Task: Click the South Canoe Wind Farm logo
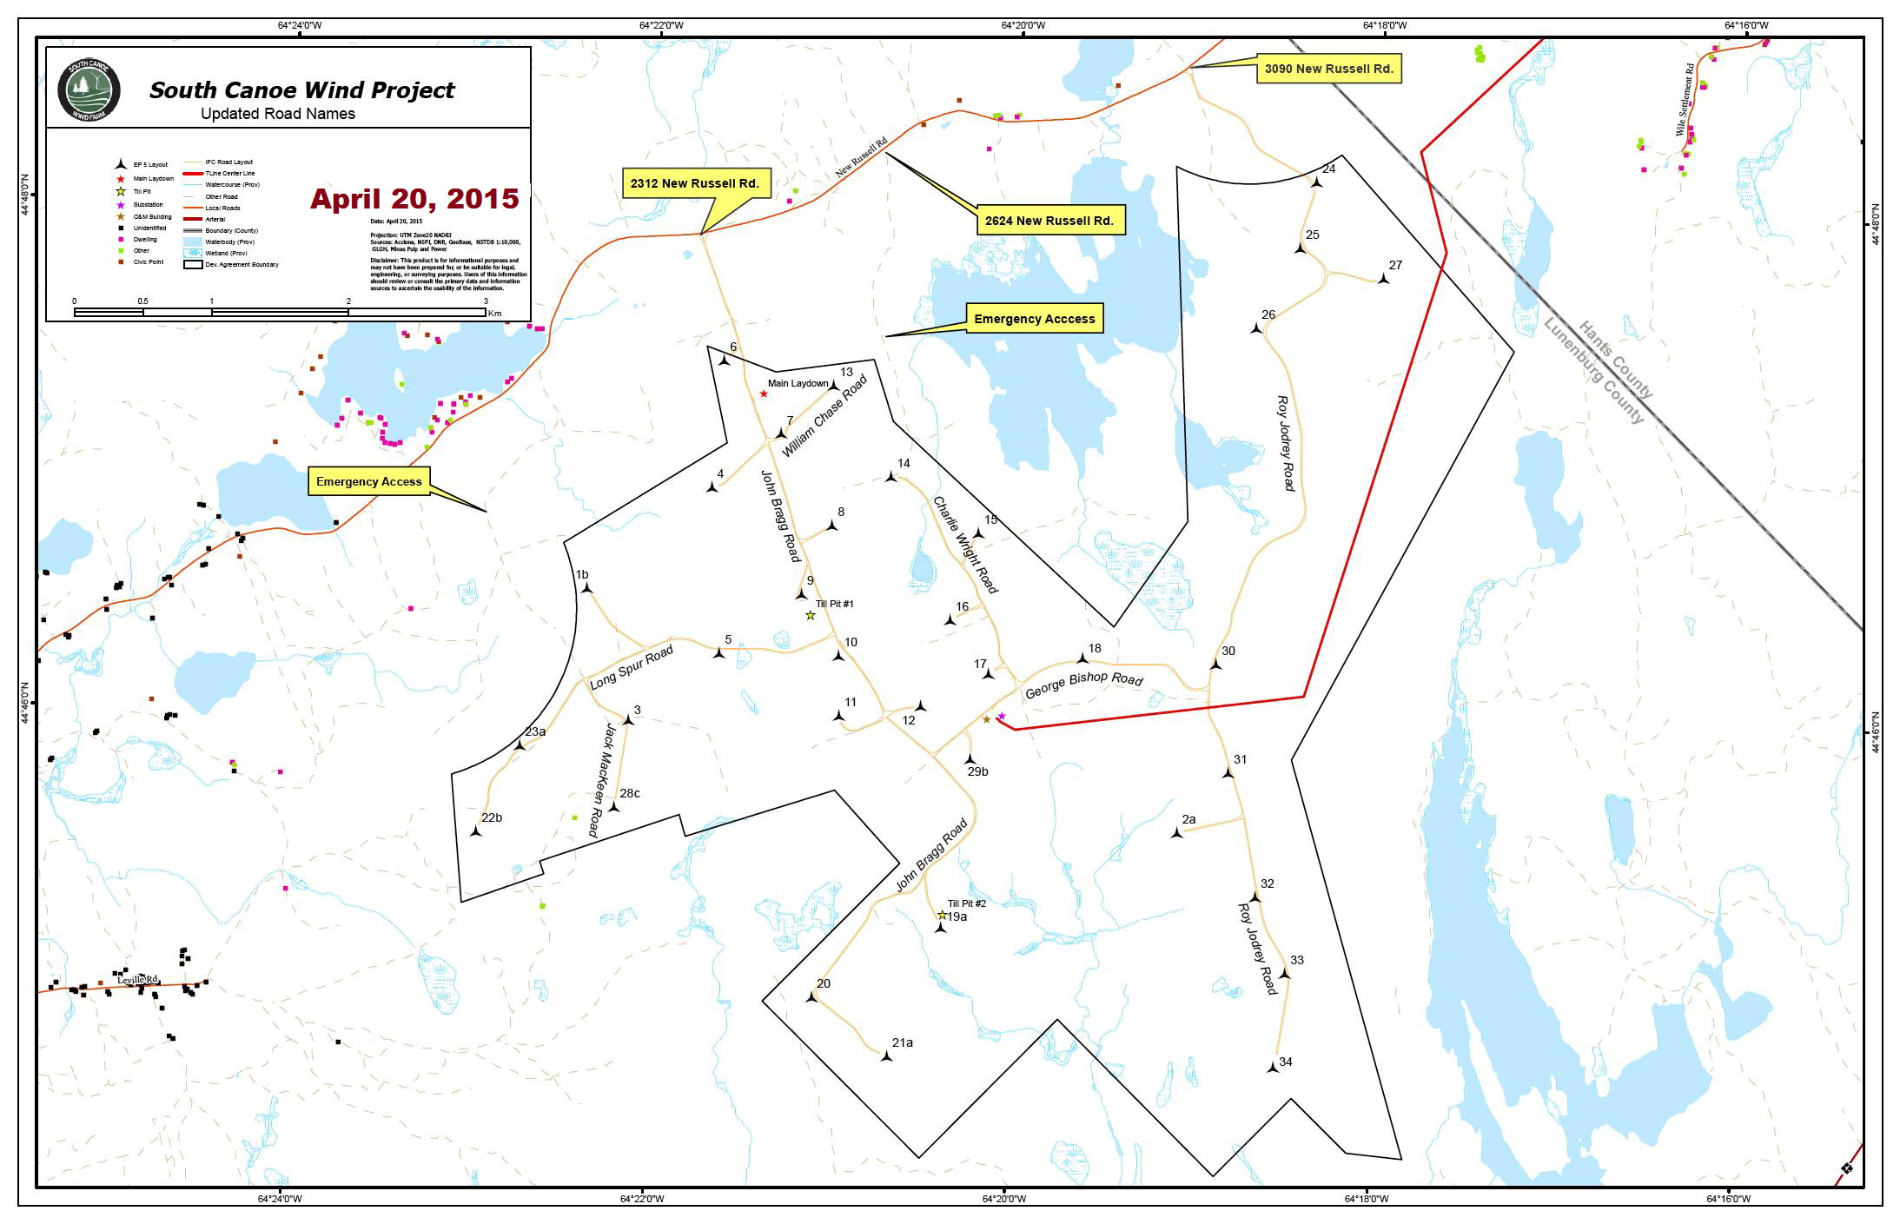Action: pyautogui.click(x=89, y=89)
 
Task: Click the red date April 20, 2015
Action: pyautogui.click(x=414, y=199)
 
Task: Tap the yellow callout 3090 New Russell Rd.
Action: pyautogui.click(x=1328, y=69)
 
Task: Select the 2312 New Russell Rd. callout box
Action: pyautogui.click(x=694, y=183)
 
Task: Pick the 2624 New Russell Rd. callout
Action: pyautogui.click(x=1049, y=221)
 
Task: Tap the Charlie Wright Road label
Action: pyautogui.click(x=964, y=545)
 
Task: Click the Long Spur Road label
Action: pyautogui.click(x=632, y=667)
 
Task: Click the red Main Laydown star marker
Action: pyautogui.click(x=764, y=394)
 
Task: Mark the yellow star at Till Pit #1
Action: pyautogui.click(x=811, y=615)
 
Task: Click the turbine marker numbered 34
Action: pyautogui.click(x=1273, y=1068)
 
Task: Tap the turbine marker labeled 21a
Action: pyautogui.click(x=886, y=1056)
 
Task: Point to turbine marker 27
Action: pyautogui.click(x=1383, y=279)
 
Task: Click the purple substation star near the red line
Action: pyautogui.click(x=1002, y=716)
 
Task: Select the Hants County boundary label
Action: pyautogui.click(x=1616, y=360)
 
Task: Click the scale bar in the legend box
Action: pyautogui.click(x=280, y=312)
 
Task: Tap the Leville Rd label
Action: pyautogui.click(x=139, y=979)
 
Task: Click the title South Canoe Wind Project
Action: pyautogui.click(x=301, y=90)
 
